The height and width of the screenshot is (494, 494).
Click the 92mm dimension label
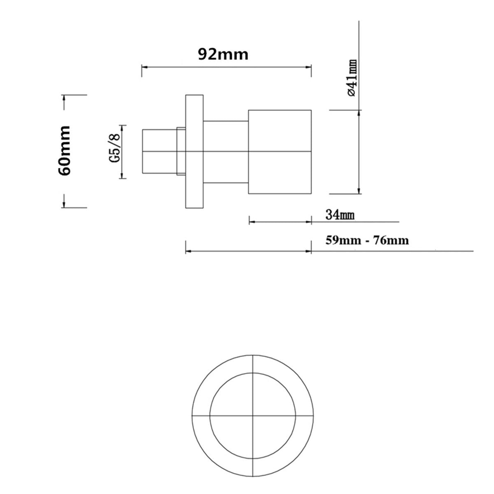(x=223, y=54)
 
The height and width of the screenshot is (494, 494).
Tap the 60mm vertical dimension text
(x=65, y=151)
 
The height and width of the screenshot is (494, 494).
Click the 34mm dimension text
(x=340, y=214)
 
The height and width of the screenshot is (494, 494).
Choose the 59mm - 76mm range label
(x=367, y=240)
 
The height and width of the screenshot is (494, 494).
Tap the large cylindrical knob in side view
(x=280, y=151)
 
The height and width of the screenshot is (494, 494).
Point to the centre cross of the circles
(x=253, y=415)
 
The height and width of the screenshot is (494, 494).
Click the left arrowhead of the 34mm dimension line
(x=251, y=221)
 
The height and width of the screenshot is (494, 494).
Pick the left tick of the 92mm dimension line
(x=142, y=70)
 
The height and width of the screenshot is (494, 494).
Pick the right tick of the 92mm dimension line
(x=311, y=70)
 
